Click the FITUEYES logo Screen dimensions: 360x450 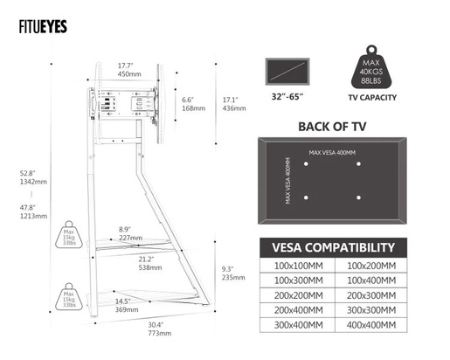click(x=45, y=25)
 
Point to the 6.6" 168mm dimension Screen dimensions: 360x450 click(x=193, y=104)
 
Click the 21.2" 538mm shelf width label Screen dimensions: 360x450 click(x=146, y=263)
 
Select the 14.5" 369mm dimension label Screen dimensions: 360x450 click(x=128, y=305)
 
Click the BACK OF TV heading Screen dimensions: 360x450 click(x=331, y=126)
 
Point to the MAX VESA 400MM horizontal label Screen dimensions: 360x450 click(x=333, y=153)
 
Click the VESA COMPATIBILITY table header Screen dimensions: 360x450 click(x=332, y=247)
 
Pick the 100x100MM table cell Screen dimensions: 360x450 click(x=298, y=265)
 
